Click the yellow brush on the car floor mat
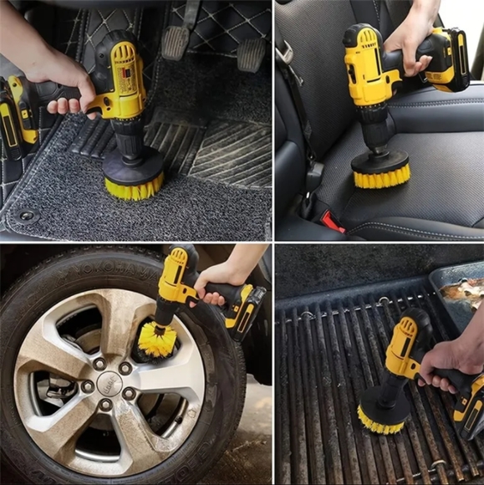click(x=132, y=186)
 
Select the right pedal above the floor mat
click(x=251, y=54)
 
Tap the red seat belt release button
click(x=333, y=222)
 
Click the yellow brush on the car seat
click(x=380, y=175)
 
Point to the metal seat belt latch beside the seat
click(x=313, y=176)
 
